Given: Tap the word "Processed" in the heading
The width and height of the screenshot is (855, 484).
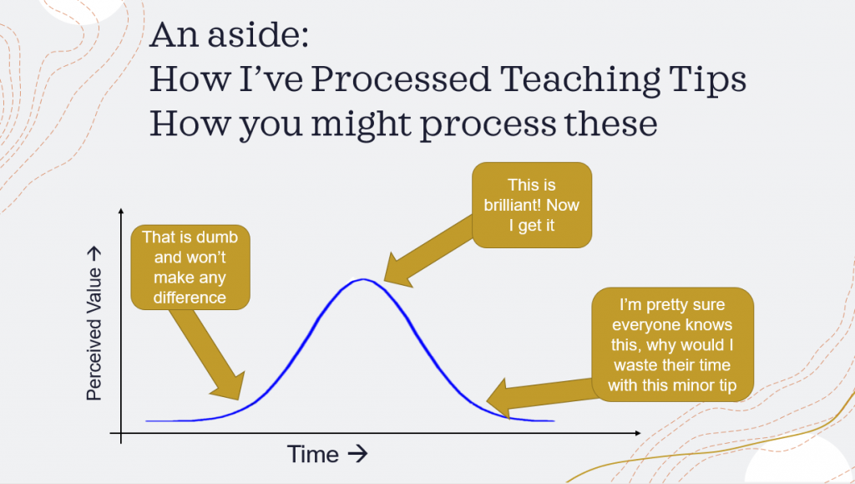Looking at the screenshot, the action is click(x=401, y=79).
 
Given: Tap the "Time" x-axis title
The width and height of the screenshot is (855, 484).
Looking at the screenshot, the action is click(x=313, y=454).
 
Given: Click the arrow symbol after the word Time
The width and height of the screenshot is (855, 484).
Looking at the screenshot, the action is click(x=357, y=453).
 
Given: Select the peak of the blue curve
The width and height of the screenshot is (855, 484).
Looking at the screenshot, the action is click(x=363, y=280).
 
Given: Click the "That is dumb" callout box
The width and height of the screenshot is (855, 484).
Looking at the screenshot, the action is click(x=190, y=267).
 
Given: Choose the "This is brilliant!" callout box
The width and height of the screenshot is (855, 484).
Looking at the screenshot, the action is click(x=532, y=205).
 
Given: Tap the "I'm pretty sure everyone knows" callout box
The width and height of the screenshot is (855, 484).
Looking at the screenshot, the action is click(x=672, y=345).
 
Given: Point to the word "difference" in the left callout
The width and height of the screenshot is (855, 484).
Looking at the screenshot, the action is click(x=190, y=298).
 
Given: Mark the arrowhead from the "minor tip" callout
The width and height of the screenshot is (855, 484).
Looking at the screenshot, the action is click(x=499, y=399).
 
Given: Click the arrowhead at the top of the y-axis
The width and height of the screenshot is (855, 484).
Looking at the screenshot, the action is click(x=121, y=211).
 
